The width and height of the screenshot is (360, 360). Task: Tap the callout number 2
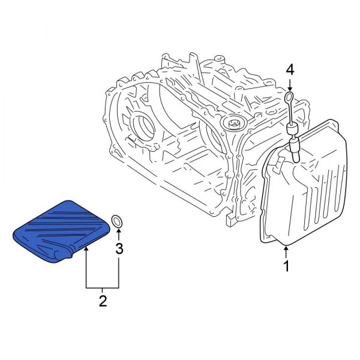pos(103,300)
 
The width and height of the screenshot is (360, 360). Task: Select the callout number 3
pos(119,248)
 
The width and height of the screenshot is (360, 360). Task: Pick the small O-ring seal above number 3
pos(118,221)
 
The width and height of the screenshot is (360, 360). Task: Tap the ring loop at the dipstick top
pos(290,97)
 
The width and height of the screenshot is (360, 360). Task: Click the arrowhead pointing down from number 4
pos(290,87)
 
